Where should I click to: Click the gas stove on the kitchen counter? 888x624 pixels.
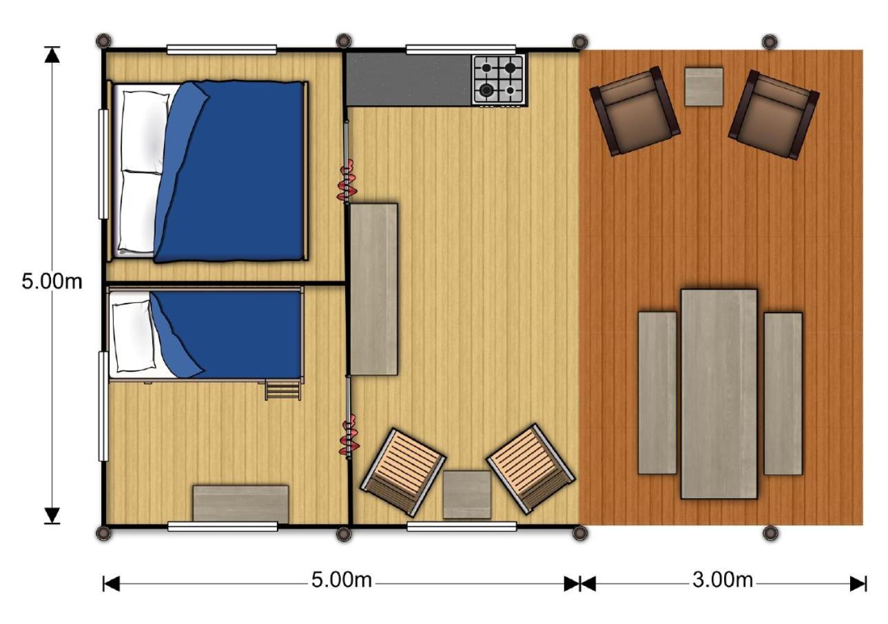[499, 80]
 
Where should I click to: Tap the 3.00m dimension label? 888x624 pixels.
[722, 580]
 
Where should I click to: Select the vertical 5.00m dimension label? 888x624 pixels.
[52, 282]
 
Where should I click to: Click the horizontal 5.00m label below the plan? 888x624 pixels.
[341, 580]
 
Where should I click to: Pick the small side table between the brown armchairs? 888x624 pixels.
[703, 86]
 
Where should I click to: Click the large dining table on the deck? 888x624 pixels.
[719, 394]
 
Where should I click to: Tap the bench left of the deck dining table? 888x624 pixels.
[657, 393]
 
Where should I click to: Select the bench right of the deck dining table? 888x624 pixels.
[783, 393]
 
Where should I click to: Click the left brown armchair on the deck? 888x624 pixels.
[634, 111]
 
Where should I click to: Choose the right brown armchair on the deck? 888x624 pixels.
[774, 114]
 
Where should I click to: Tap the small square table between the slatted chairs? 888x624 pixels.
[466, 495]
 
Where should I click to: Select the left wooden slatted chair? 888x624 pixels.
[403, 472]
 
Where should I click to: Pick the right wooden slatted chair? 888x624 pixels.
[531, 468]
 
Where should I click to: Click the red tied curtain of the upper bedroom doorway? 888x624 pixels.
[347, 180]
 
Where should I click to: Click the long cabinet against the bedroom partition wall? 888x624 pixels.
[373, 289]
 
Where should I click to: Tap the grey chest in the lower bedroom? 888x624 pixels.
[240, 503]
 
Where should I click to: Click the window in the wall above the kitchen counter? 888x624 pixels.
[461, 50]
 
